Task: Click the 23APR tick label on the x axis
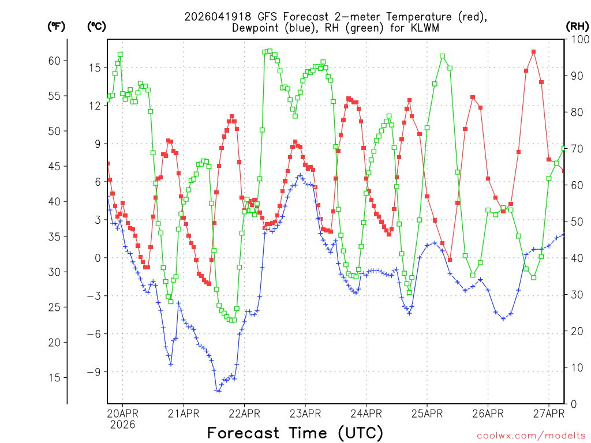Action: (305, 413)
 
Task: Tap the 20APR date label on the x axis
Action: (122, 413)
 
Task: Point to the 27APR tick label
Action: (548, 413)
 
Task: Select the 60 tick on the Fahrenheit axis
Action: (58, 61)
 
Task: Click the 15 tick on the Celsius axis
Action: (94, 68)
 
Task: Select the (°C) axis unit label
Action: (96, 26)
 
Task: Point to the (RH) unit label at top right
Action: (577, 26)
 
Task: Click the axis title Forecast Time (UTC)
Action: (295, 433)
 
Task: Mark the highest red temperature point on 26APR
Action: (534, 52)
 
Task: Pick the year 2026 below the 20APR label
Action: (122, 424)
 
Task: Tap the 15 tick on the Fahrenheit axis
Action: (58, 377)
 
